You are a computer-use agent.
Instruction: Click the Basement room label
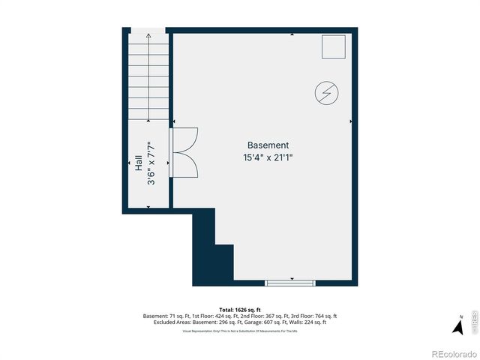268,145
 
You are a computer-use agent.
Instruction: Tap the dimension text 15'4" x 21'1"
268,157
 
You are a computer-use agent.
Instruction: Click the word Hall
139,163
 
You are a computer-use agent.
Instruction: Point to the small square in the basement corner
334,46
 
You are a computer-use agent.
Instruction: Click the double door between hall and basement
184,152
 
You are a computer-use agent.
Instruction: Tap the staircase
148,75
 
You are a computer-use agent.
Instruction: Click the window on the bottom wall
290,282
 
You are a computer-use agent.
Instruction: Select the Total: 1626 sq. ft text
240,310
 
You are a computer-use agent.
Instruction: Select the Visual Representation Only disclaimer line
240,331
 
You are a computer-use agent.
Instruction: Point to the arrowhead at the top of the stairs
148,35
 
